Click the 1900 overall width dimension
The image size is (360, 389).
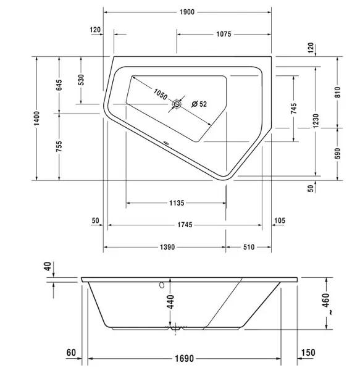[x=187, y=12]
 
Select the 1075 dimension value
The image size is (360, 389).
[x=224, y=34]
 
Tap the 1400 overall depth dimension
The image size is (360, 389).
[x=36, y=119]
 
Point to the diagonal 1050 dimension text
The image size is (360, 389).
[x=161, y=94]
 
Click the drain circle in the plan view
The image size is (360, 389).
[x=177, y=104]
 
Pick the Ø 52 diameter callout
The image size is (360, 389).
[x=199, y=104]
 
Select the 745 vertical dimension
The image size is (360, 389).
[x=293, y=109]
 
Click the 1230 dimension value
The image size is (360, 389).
[x=316, y=121]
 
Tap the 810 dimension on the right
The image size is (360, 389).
[x=338, y=92]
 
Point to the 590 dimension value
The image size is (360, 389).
[x=338, y=154]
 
